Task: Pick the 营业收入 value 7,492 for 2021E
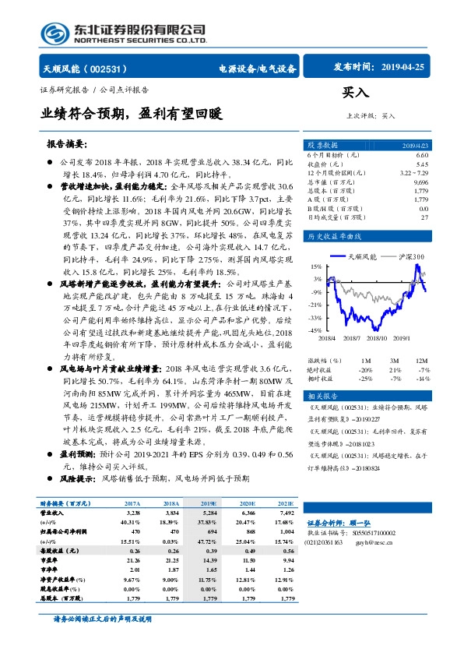click(x=284, y=514)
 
